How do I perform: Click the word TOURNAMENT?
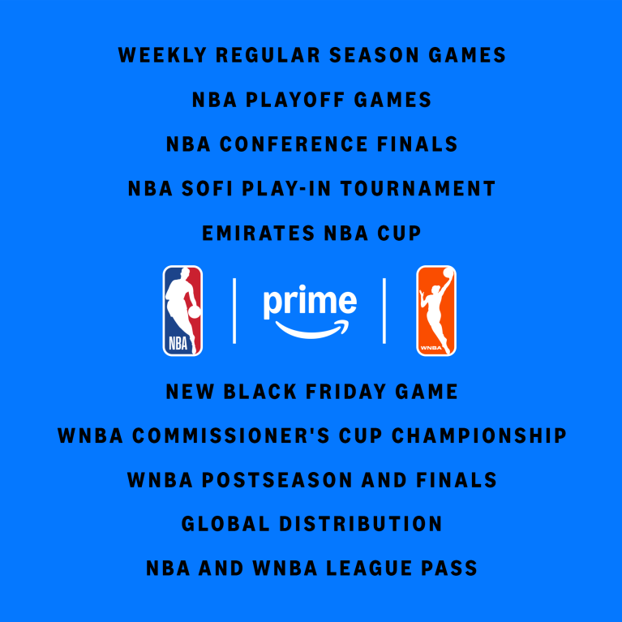click(x=418, y=189)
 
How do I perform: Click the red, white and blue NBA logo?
click(x=182, y=311)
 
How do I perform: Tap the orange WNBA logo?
click(x=436, y=311)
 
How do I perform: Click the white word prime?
click(x=310, y=302)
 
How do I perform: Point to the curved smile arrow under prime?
click(x=311, y=328)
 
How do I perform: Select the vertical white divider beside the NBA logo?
click(x=234, y=311)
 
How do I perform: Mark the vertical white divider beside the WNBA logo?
click(x=384, y=311)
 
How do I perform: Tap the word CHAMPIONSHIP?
click(x=478, y=435)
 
